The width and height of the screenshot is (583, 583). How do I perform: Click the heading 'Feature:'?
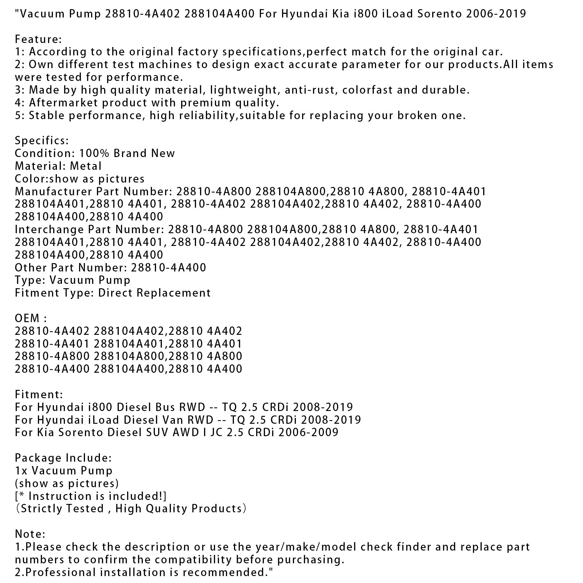[x=38, y=39]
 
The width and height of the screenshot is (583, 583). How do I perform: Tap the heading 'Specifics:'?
[x=42, y=141]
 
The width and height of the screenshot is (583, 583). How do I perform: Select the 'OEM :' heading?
[x=31, y=318]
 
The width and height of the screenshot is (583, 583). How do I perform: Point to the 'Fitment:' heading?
[x=39, y=395]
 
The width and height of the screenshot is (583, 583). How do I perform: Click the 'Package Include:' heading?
[x=63, y=458]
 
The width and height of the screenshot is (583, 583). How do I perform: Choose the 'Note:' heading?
[x=30, y=534]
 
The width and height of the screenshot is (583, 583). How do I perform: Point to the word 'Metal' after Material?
[x=86, y=166]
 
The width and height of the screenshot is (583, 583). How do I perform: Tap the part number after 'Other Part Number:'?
[x=168, y=268]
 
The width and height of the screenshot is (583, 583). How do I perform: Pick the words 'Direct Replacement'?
[x=154, y=293]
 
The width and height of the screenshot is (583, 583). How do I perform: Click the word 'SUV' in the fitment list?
[x=156, y=433]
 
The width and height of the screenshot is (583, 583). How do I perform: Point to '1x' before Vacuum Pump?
[x=21, y=471]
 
